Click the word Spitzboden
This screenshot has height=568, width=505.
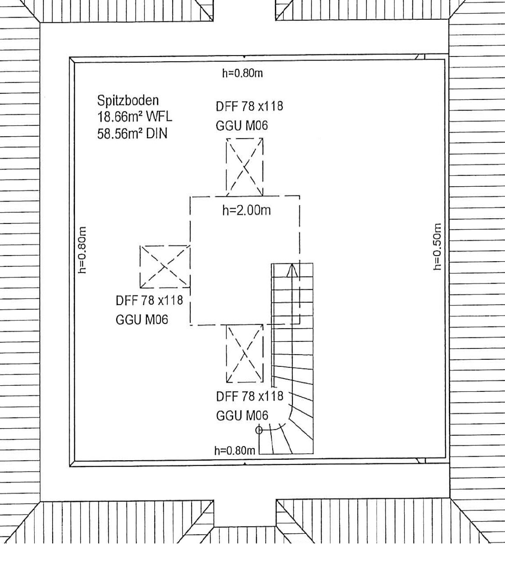pos(128,100)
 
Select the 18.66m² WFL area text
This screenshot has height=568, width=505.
pos(135,117)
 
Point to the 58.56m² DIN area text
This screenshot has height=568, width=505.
pos(132,133)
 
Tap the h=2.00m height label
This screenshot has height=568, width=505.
pos(246,210)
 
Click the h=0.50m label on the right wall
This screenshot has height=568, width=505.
pos(437,247)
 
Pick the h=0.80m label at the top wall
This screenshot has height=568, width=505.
pos(242,73)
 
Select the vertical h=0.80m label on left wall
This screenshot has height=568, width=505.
pos(82,250)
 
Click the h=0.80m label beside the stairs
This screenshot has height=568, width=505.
pos(235,451)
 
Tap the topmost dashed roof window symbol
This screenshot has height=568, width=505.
pos(245,167)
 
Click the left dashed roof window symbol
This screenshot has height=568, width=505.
pos(165,266)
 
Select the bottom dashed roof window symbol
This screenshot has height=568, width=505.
pos(245,354)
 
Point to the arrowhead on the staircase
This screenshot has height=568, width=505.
pos(292,270)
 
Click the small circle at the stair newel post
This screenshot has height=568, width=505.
pos(259,430)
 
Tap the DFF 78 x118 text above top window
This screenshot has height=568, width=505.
pos(249,106)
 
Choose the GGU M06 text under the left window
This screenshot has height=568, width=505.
pos(142,319)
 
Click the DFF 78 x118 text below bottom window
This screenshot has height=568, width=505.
pos(249,397)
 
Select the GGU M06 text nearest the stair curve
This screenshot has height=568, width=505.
pos(242,415)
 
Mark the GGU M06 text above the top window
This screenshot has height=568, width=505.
pos(242,126)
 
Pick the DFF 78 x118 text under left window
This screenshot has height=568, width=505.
pos(149,301)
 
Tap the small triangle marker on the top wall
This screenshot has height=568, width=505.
pos(245,57)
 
